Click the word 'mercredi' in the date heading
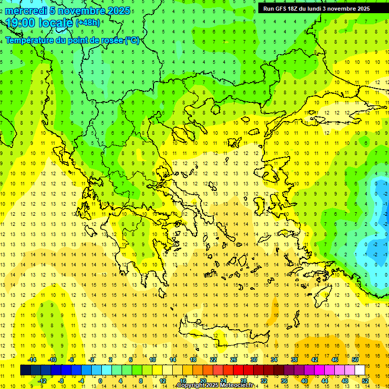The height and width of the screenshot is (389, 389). coord(26,11)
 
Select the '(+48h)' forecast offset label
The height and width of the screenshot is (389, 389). coord(88,23)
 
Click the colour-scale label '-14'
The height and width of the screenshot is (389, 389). coord(32,360)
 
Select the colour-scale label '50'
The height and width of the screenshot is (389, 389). coord(355,360)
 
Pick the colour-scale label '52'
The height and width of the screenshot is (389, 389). coord(365,381)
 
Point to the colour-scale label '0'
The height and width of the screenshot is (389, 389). coord(100,381)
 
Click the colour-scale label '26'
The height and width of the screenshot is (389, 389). coord(233,360)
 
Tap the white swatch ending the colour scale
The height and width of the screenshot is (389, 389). coord(360,370)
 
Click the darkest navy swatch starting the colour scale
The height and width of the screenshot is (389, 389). coord(25,370)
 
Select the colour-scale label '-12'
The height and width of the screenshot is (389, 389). coord(42,381)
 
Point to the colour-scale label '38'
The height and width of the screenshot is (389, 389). coord(294,360)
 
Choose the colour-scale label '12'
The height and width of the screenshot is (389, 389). coord(162,381)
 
